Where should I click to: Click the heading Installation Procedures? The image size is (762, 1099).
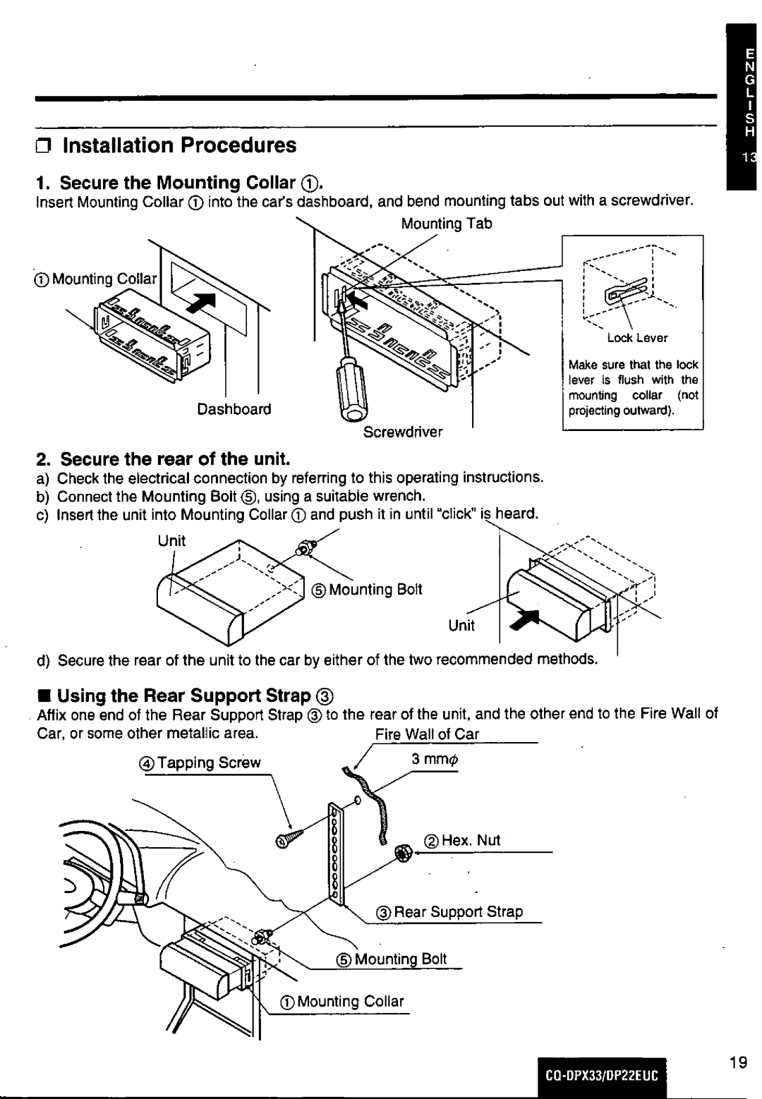(x=179, y=145)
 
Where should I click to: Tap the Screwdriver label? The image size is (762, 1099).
(x=403, y=432)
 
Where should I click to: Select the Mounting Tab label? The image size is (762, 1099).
(x=446, y=224)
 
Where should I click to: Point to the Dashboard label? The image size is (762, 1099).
(x=234, y=409)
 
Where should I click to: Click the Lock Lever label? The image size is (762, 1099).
(x=637, y=338)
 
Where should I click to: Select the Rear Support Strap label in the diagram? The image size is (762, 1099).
(x=459, y=911)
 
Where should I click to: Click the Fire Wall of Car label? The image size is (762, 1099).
(x=427, y=734)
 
